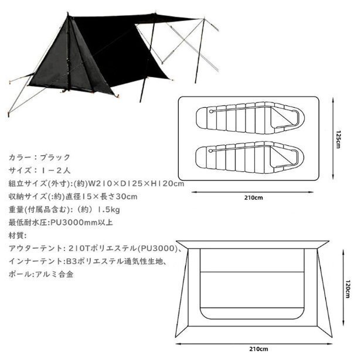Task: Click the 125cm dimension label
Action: point(338,139)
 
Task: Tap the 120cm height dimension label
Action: point(348,289)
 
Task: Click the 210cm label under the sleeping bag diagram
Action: point(253,198)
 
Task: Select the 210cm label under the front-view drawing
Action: point(258,349)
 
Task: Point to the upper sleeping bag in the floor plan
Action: point(250,118)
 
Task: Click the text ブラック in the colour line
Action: point(55,157)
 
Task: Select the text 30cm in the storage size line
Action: point(127,197)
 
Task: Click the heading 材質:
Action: point(18,236)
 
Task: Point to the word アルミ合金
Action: point(55,275)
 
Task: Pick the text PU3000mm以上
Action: point(81,222)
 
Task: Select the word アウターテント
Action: point(35,249)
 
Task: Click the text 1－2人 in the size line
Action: point(56,170)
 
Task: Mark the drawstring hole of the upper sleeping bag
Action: point(211,111)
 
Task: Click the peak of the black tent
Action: point(68,13)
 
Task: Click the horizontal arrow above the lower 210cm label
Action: point(254,344)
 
